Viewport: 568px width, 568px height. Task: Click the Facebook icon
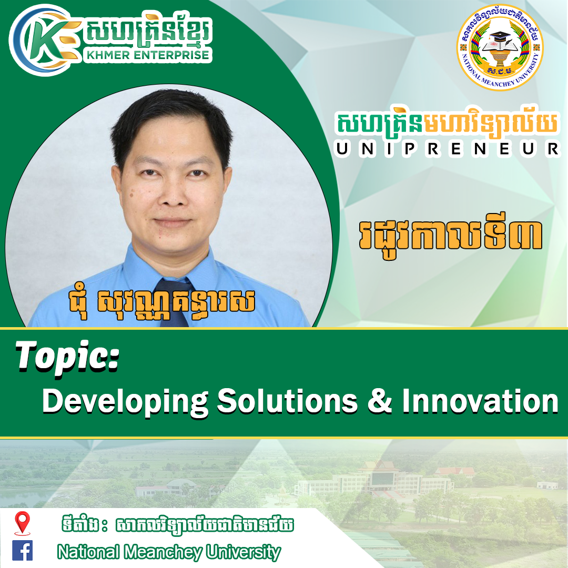click(x=23, y=551)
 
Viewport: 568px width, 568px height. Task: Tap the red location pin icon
click(x=22, y=523)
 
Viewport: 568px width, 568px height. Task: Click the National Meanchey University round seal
click(x=500, y=47)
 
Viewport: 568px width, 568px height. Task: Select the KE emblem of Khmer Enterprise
click(x=44, y=40)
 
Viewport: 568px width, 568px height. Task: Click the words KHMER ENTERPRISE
click(x=148, y=55)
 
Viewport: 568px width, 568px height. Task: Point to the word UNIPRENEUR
click(x=448, y=149)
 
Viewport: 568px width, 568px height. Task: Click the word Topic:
click(x=67, y=357)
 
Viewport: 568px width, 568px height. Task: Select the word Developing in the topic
click(x=125, y=402)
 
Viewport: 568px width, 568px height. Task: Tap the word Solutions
click(x=288, y=401)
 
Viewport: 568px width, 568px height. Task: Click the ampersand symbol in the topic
click(x=380, y=401)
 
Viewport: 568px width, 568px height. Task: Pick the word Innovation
click(x=480, y=401)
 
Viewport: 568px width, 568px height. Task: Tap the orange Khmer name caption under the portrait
click(x=161, y=302)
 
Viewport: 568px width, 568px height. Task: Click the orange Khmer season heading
click(x=450, y=237)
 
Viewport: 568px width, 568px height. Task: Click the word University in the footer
click(x=244, y=552)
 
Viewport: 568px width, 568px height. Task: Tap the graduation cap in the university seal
click(x=500, y=36)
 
